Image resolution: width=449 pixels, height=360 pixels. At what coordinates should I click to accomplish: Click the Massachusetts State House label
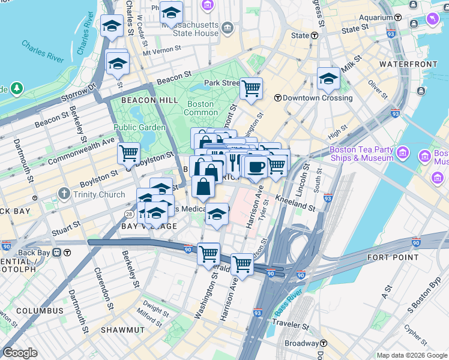tap(195, 28)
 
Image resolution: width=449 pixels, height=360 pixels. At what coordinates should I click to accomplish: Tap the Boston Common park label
tap(200, 108)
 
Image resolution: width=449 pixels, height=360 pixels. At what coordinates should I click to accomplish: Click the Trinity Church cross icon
tap(64, 194)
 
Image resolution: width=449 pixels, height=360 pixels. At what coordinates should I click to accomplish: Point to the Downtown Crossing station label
tap(318, 98)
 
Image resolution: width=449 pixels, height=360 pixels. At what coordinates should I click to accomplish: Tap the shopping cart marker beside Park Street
tap(251, 89)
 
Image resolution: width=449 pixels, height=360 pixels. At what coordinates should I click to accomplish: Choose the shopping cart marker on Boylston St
tap(128, 154)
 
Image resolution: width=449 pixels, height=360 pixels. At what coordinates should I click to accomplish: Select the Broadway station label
tap(301, 343)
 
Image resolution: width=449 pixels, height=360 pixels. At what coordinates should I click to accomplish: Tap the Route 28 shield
tap(129, 214)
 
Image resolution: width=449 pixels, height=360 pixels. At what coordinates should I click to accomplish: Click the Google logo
tap(20, 352)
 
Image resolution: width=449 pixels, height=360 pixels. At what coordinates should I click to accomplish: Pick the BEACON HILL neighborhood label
tap(143, 100)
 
